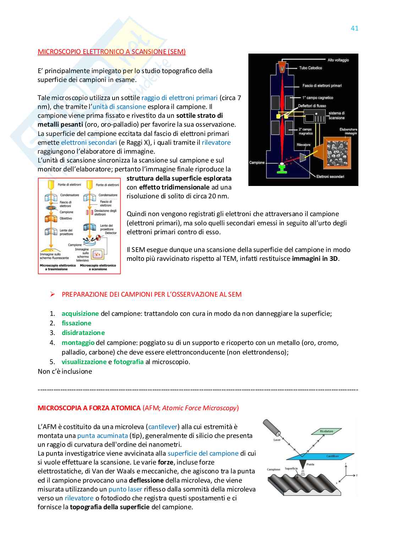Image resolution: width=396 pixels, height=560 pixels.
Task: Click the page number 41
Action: tap(354, 28)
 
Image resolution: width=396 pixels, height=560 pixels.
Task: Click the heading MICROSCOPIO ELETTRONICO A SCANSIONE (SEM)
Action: tap(111, 52)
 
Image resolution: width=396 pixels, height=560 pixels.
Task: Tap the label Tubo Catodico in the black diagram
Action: tap(310, 68)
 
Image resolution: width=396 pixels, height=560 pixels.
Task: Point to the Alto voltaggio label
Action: tap(338, 60)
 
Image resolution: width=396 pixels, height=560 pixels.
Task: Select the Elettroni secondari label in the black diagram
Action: tap(330, 176)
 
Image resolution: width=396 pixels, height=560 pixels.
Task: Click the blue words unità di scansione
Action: tap(119, 107)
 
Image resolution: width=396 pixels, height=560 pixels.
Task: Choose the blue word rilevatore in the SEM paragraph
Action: tap(216, 143)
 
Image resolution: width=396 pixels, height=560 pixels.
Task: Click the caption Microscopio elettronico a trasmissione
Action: tap(58, 267)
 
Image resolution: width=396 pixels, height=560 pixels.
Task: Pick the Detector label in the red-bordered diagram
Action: tap(111, 233)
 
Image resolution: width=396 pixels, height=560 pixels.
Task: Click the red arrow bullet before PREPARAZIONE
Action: tap(53, 294)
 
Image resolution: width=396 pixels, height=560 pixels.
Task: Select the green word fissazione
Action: tap(76, 323)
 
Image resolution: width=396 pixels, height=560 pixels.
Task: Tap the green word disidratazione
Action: tap(83, 333)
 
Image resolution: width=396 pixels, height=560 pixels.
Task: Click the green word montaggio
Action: tap(78, 343)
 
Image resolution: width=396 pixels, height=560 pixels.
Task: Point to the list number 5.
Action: tap(53, 362)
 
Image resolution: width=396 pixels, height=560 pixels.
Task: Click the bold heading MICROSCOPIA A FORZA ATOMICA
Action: tap(89, 408)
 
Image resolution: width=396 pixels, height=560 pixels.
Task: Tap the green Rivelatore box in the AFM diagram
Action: tap(326, 432)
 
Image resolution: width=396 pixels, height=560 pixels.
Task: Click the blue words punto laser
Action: tap(125, 489)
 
